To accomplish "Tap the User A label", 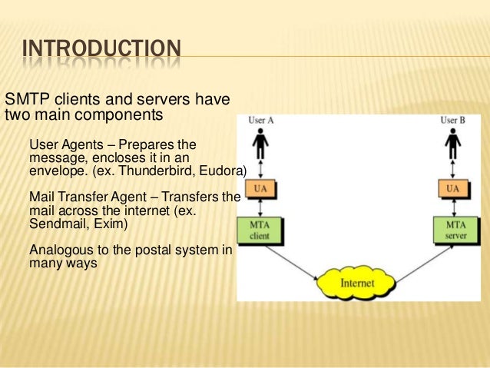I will pos(261,120).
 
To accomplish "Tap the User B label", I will pos(452,120).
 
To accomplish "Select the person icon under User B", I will pos(453,143).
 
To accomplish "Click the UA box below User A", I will pos(262,188).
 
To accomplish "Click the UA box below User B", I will pos(453,188).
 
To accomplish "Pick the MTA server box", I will pos(453,229).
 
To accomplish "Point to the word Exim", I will pos(107,224).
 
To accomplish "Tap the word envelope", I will pos(53,170).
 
